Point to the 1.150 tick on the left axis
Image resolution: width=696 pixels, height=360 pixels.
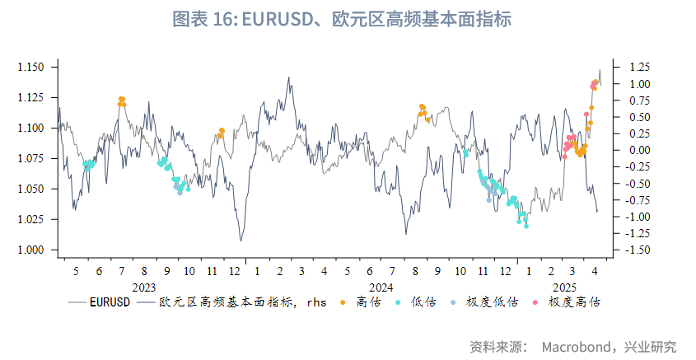pyautogui.click(x=34, y=67)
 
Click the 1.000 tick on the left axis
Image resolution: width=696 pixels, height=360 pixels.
pyautogui.click(x=34, y=250)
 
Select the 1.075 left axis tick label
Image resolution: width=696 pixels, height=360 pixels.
pyautogui.click(x=34, y=158)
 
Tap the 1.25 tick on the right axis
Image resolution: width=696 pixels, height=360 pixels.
pyautogui.click(x=640, y=67)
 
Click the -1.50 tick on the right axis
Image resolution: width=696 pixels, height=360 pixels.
pyautogui.click(x=640, y=250)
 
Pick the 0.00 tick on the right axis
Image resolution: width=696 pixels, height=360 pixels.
pyautogui.click(x=640, y=150)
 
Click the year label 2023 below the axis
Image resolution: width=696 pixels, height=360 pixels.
pyautogui.click(x=143, y=287)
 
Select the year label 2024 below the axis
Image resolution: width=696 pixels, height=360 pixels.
pyautogui.click(x=380, y=287)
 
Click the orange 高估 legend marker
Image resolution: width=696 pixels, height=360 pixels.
pyautogui.click(x=342, y=302)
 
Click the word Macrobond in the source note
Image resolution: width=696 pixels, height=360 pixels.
pyautogui.click(x=577, y=346)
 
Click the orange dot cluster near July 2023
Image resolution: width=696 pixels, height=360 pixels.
pyautogui.click(x=122, y=101)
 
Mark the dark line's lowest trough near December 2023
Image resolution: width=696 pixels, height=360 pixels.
pyautogui.click(x=241, y=240)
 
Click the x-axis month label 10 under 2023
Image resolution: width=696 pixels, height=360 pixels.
pyautogui.click(x=189, y=270)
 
